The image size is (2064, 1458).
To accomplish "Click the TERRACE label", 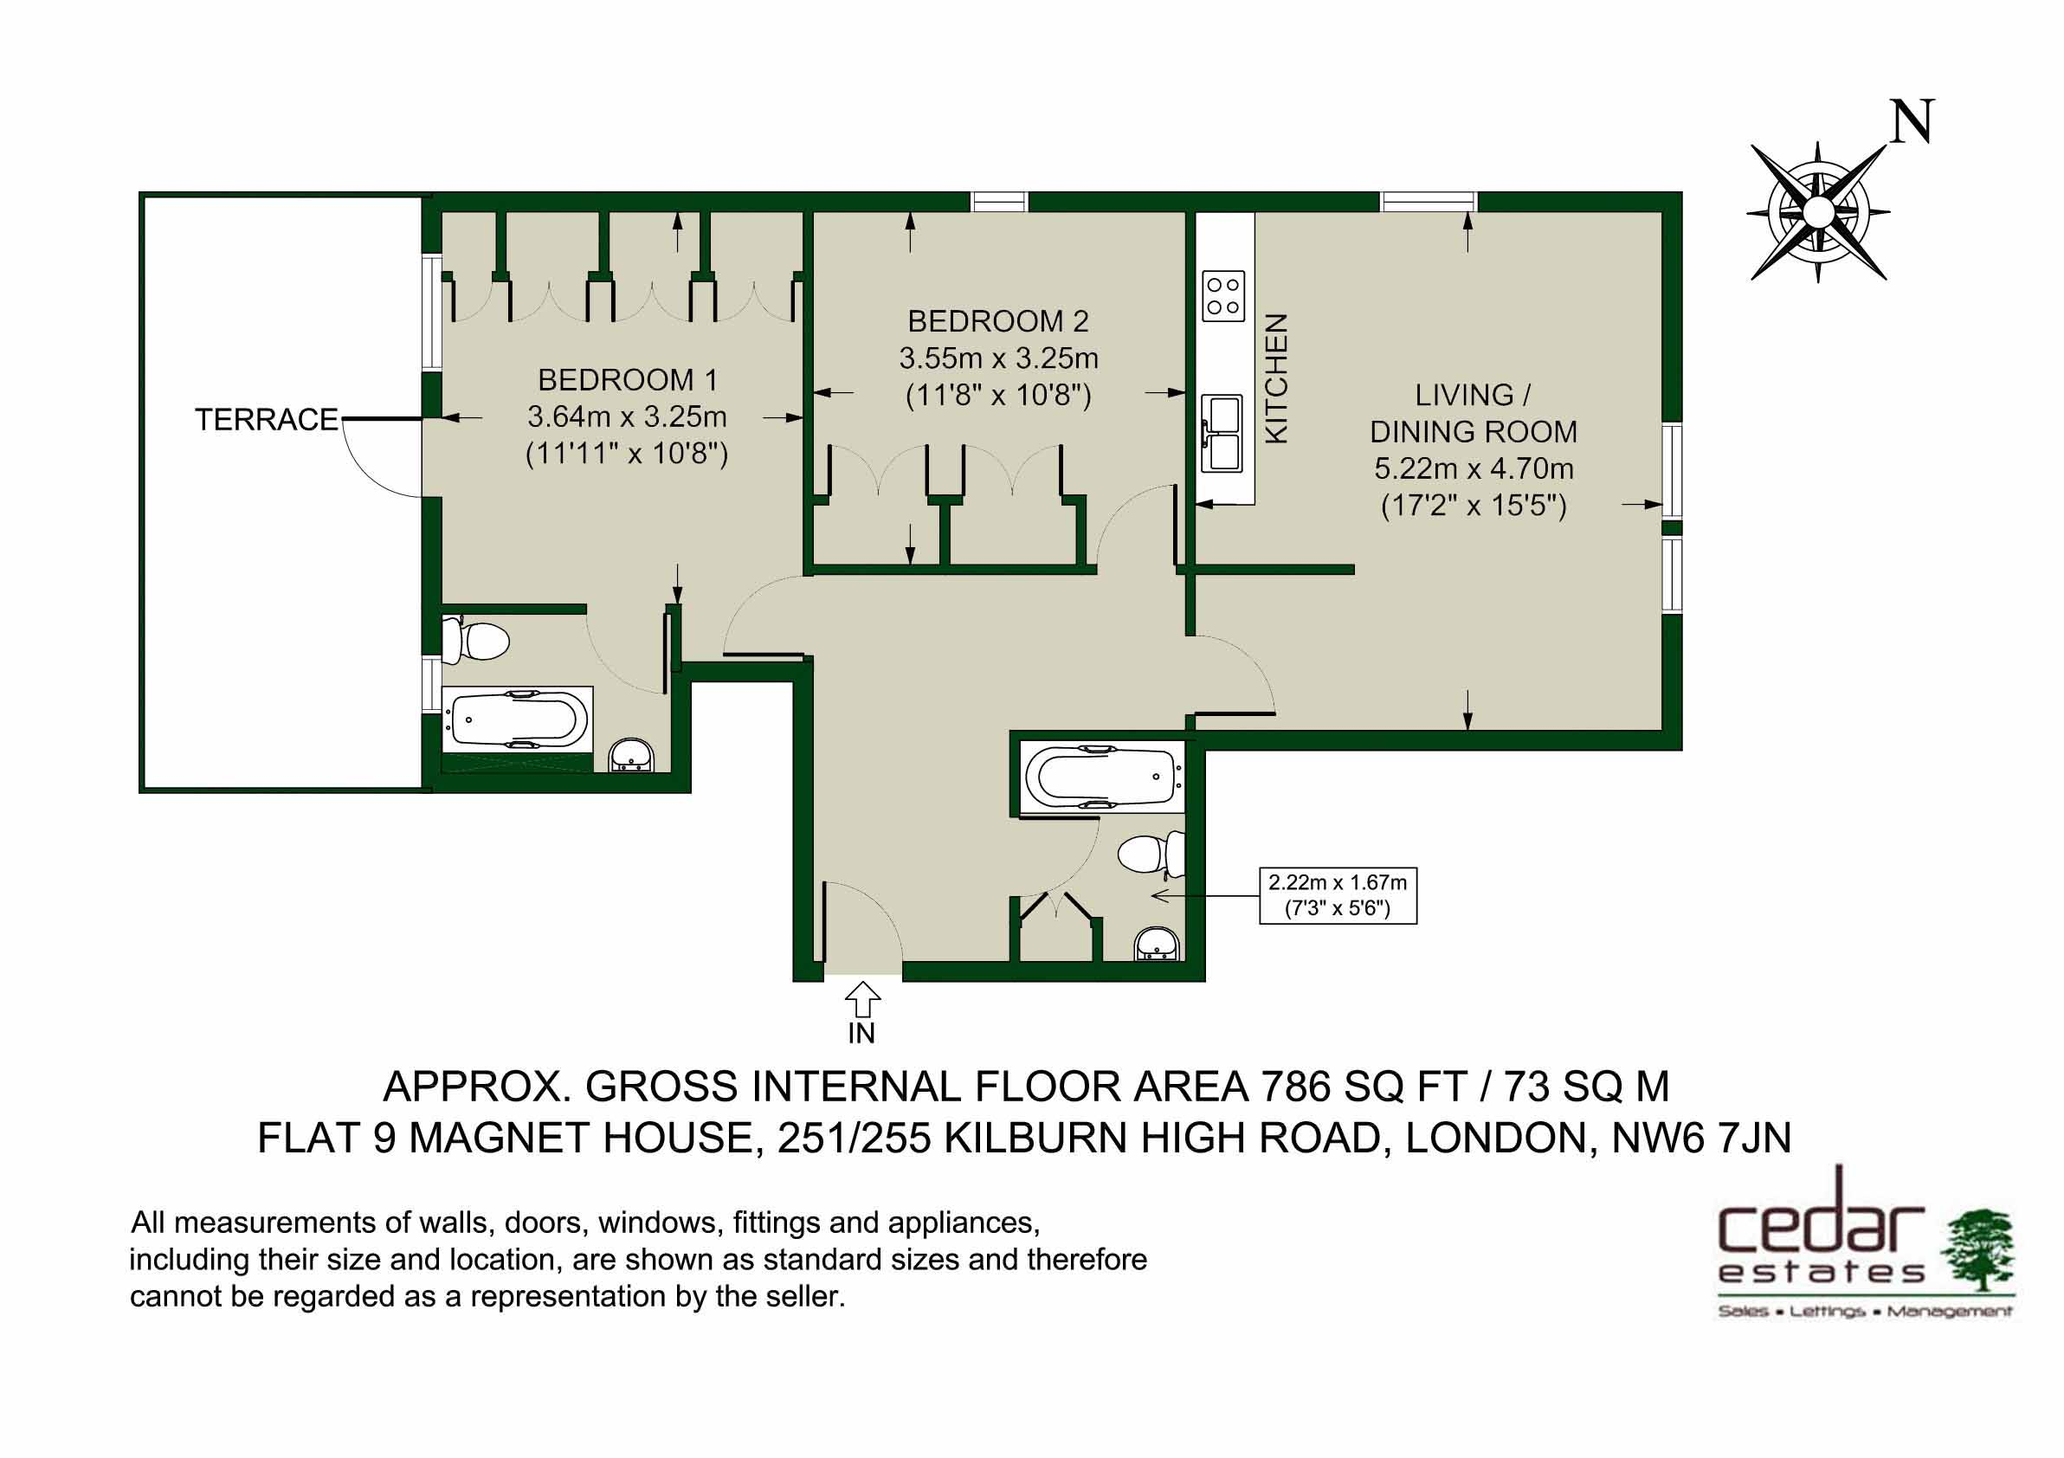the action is coord(266,420).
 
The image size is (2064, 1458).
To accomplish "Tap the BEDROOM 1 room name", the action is coord(628,380).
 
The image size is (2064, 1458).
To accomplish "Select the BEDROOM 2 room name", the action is coord(998,321).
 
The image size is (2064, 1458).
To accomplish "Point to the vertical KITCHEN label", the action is coord(1276,378).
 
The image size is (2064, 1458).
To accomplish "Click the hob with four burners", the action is coord(1223,296).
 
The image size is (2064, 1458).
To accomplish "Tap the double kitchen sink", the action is coord(1222,433).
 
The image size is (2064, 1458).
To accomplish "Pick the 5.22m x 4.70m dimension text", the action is coord(1474,468).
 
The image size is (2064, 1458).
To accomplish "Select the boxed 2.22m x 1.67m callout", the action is coord(1338,895).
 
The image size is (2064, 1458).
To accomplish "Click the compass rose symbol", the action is coord(1817,212).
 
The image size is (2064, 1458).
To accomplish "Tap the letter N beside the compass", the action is coord(1911,123).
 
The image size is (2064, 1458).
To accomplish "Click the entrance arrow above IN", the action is coord(862,1000).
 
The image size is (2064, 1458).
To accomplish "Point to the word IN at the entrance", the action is coord(861,1034).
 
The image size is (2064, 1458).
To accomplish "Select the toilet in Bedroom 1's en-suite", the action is coord(476,640).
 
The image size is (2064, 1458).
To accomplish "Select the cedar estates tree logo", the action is coord(1977,1250).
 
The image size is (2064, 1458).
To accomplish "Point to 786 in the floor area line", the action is coord(1295,1087).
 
